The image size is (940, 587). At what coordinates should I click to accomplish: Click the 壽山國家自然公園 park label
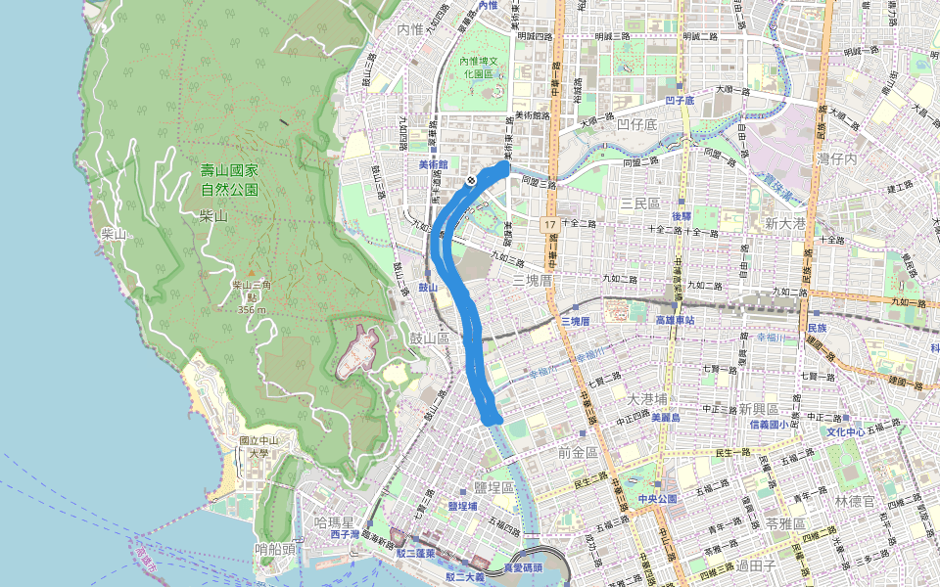pyautogui.click(x=229, y=179)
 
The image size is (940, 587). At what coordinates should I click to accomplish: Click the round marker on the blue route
pyautogui.click(x=471, y=180)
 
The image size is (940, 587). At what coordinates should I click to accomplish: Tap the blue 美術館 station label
pyautogui.click(x=432, y=164)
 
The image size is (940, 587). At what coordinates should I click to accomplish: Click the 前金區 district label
pyautogui.click(x=577, y=452)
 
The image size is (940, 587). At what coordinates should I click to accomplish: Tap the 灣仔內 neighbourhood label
pyautogui.click(x=837, y=158)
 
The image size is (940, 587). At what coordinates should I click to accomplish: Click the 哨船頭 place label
pyautogui.click(x=274, y=549)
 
